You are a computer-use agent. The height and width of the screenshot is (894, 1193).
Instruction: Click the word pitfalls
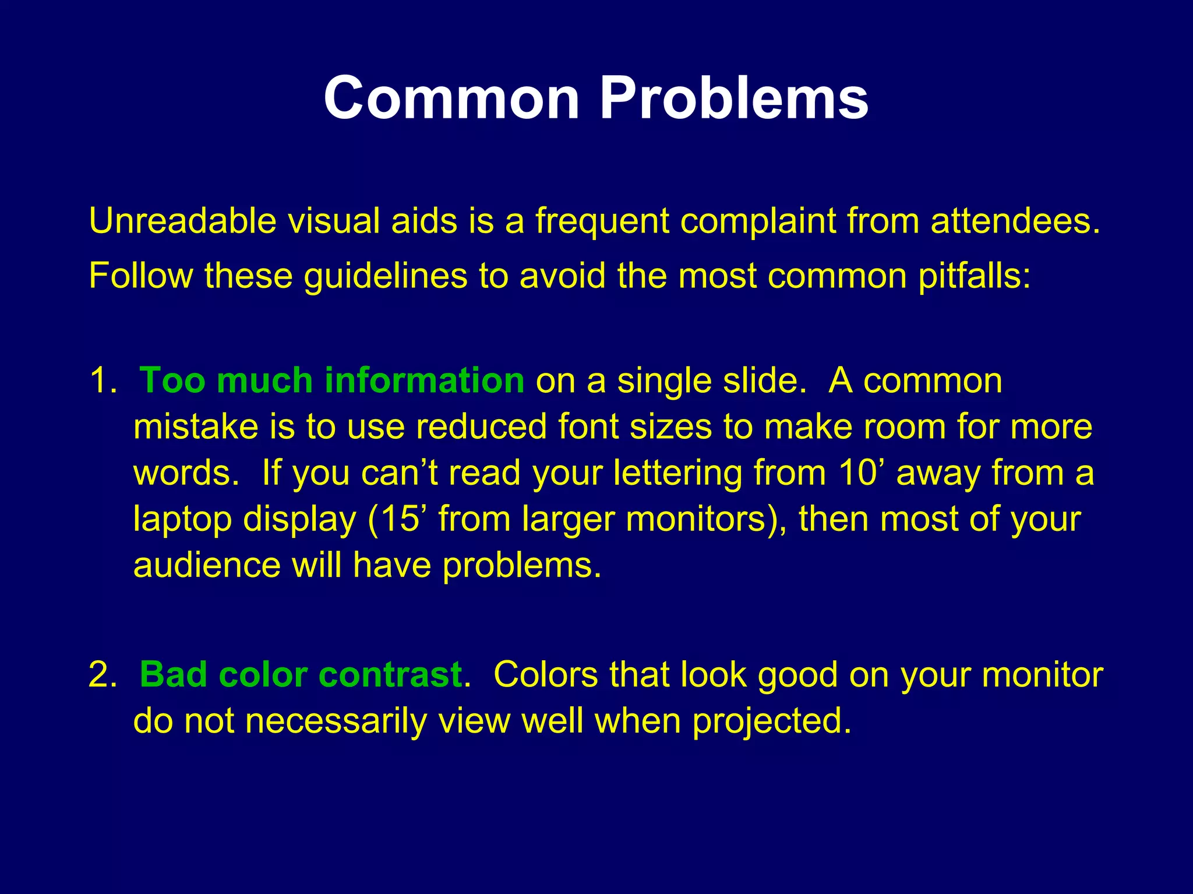tap(974, 276)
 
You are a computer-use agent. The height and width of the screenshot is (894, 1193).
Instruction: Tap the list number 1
tap(103, 381)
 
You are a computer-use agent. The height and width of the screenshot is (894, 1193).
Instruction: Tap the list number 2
tap(103, 675)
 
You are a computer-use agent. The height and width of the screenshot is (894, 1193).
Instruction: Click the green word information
tap(424, 381)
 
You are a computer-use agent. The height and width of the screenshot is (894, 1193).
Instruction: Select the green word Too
tap(173, 381)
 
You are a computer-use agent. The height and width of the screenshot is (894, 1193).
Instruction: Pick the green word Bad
tap(173, 675)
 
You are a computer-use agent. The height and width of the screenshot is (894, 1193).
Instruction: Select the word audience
tap(207, 565)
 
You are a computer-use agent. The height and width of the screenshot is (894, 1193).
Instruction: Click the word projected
tap(771, 721)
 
